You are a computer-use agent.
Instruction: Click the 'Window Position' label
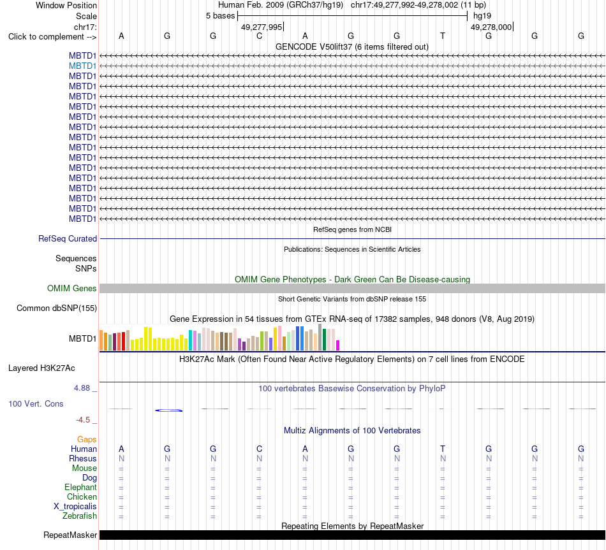coord(66,5)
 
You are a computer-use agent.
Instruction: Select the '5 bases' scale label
coord(220,16)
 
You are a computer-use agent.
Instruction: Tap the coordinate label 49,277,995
coord(262,27)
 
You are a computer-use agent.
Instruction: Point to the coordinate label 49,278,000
coord(491,27)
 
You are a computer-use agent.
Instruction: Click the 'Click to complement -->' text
coord(52,37)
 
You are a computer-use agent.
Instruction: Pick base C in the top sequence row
coord(260,36)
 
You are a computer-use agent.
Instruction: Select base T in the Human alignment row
coord(443,449)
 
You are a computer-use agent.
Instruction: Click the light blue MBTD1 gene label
coord(82,66)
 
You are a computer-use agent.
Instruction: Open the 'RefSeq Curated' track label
coord(67,239)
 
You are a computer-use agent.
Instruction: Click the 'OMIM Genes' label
coord(71,289)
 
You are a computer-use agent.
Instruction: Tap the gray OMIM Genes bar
coord(352,289)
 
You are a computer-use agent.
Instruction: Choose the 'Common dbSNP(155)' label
coord(56,308)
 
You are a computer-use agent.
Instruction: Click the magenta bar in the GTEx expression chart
coord(338,345)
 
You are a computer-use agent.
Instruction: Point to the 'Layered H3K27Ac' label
coord(41,368)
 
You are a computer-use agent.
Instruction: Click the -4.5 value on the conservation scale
coord(83,420)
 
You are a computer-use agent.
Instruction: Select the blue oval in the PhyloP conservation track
coord(168,410)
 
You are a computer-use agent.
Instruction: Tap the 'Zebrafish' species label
coord(80,516)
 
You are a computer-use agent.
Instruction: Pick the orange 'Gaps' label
coord(87,440)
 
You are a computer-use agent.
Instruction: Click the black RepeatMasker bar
coord(352,535)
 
